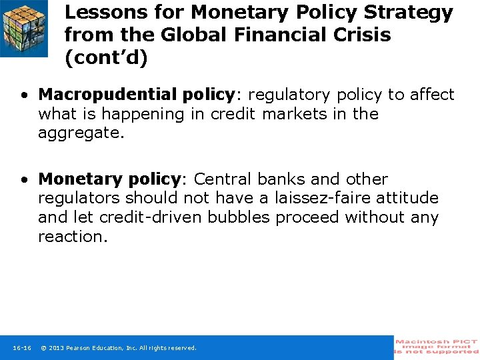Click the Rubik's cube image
point(24,28)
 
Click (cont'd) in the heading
point(106,57)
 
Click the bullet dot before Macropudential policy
point(25,95)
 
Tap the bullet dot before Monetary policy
point(25,180)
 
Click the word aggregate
point(81,133)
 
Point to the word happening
point(143,114)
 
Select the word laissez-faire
point(323,197)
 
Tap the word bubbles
point(239,217)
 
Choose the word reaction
point(73,236)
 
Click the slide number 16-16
point(22,348)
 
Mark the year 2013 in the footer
point(56,348)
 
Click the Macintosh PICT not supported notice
point(437,347)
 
